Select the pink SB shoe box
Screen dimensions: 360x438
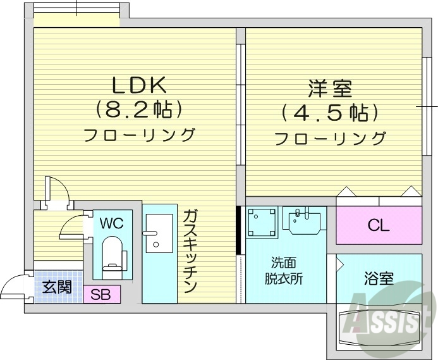click(x=101, y=294)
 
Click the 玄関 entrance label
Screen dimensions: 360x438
click(x=57, y=287)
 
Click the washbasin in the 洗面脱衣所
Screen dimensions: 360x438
click(x=303, y=220)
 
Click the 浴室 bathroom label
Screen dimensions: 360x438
click(x=379, y=278)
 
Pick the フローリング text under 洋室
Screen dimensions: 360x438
click(x=330, y=137)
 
